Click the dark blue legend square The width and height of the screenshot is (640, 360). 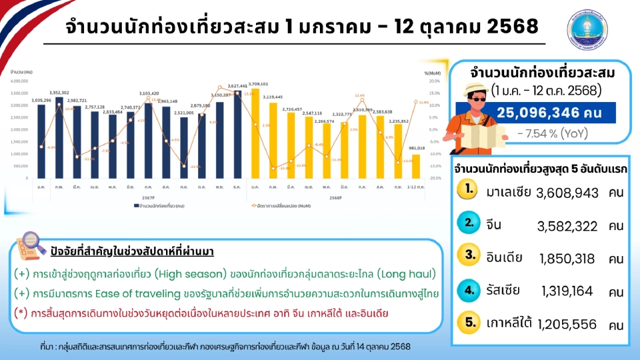[132, 206]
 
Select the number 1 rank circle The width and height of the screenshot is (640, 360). [471, 190]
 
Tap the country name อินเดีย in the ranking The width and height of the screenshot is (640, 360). [504, 257]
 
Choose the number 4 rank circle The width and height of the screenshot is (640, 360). [471, 290]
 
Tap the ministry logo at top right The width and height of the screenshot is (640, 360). [587, 29]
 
